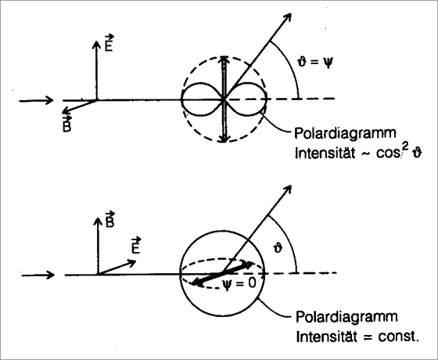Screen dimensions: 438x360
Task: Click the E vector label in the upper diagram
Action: pos(109,43)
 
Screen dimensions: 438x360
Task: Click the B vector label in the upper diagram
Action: pos(66,124)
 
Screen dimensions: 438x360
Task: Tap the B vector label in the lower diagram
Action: pos(109,220)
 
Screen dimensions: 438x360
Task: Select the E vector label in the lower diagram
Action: pos(136,246)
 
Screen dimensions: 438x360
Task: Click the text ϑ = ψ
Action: pos(315,62)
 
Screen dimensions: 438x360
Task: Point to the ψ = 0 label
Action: pos(239,284)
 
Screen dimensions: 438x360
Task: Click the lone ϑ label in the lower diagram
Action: pos(278,248)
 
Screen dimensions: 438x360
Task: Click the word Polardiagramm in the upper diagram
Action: pos(345,133)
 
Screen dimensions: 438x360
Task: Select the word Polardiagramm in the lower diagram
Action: pos(346,317)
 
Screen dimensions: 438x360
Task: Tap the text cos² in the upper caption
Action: pos(392,152)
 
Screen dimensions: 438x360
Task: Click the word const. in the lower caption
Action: pos(399,337)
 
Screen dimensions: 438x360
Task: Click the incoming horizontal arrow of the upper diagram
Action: pos(36,100)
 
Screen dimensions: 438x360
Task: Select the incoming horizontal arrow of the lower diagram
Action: pos(38,275)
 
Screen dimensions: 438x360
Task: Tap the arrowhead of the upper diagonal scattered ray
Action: pos(287,17)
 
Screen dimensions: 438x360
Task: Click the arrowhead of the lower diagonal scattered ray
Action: pos(287,189)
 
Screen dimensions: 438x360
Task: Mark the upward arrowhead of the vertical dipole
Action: pos(224,59)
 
